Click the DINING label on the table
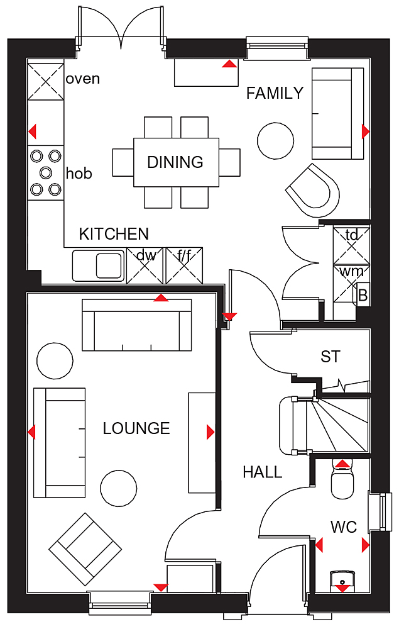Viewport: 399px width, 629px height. tap(175, 162)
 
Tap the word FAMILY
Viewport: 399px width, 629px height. tap(275, 93)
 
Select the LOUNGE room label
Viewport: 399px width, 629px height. tap(136, 428)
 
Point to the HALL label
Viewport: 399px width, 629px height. tap(263, 472)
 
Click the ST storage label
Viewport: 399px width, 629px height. tap(331, 357)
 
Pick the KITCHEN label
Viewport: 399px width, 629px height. tap(114, 234)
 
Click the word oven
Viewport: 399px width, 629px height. tap(82, 79)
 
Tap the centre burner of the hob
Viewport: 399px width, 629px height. tap(46, 172)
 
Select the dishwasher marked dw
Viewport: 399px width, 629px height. tap(145, 265)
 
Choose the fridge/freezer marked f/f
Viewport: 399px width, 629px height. tap(184, 265)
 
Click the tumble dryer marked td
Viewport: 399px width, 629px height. tap(351, 245)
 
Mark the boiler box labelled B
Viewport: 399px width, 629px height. tap(363, 295)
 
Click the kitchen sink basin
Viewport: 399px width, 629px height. tap(109, 265)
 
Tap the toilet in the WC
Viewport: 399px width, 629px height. tap(342, 480)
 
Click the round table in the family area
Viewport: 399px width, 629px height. tap(275, 141)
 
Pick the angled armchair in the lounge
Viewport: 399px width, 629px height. tap(85, 548)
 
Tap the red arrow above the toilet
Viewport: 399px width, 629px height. tap(342, 464)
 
